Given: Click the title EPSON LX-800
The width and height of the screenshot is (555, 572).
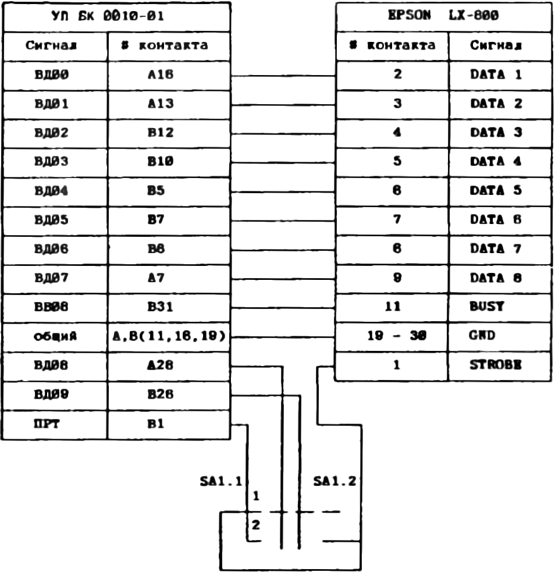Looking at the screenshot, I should click(x=443, y=16).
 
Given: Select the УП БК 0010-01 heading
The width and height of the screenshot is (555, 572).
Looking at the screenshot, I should click(x=116, y=16).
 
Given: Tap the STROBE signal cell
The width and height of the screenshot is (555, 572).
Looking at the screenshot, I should click(x=500, y=366).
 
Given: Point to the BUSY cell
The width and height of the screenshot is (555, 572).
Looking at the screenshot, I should click(x=500, y=307).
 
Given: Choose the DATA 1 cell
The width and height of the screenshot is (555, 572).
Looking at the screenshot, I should click(x=500, y=75).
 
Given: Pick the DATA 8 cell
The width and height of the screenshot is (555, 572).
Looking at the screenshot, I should click(x=500, y=278).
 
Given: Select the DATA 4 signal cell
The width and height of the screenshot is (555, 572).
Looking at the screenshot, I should click(x=500, y=162).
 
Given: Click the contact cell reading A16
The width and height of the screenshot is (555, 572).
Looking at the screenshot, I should click(x=169, y=75).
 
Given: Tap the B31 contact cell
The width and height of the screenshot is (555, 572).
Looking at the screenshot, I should click(x=169, y=307).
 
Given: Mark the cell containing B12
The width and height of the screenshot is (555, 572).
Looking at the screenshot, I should click(x=169, y=133).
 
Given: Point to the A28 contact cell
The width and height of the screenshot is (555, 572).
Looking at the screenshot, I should click(x=169, y=366).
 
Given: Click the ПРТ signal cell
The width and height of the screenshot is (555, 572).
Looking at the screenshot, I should click(x=55, y=425).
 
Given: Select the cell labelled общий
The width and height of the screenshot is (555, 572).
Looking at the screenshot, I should click(x=55, y=336).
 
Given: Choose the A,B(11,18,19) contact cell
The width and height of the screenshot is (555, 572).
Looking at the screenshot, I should click(x=169, y=336).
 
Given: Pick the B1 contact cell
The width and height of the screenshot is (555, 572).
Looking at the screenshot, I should click(x=169, y=425).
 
